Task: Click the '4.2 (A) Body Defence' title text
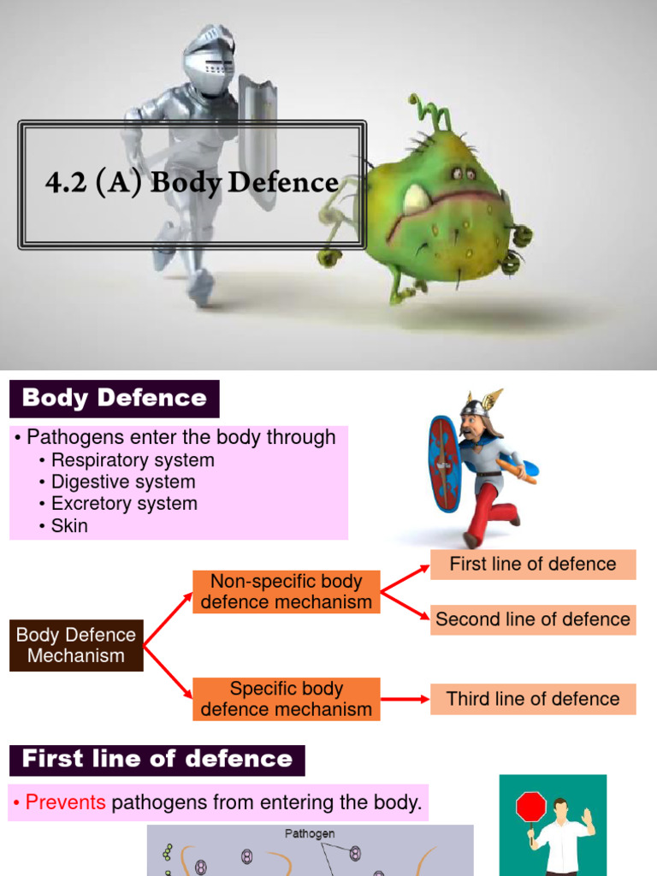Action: pyautogui.click(x=192, y=182)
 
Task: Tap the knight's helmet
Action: pyautogui.click(x=208, y=61)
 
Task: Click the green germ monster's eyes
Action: pyautogui.click(x=464, y=174)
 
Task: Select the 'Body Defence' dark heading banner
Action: pyautogui.click(x=115, y=399)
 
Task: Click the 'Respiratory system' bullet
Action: pyautogui.click(x=132, y=460)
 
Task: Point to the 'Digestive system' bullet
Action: pyautogui.click(x=122, y=482)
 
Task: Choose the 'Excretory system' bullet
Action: pyautogui.click(x=123, y=504)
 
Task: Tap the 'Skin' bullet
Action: pyautogui.click(x=68, y=525)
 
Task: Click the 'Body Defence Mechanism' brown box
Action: pyautogui.click(x=76, y=645)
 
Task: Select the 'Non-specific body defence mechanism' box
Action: pyautogui.click(x=286, y=592)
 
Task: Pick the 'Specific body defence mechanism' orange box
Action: pyautogui.click(x=286, y=699)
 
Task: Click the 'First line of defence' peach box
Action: pyautogui.click(x=533, y=565)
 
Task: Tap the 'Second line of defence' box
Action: pyautogui.click(x=533, y=619)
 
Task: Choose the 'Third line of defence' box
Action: pyautogui.click(x=533, y=699)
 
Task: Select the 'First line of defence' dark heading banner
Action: pyautogui.click(x=157, y=760)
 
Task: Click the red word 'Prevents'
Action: pyautogui.click(x=66, y=802)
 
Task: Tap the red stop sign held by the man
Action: pyautogui.click(x=530, y=807)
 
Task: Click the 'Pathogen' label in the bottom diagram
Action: pyautogui.click(x=310, y=833)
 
